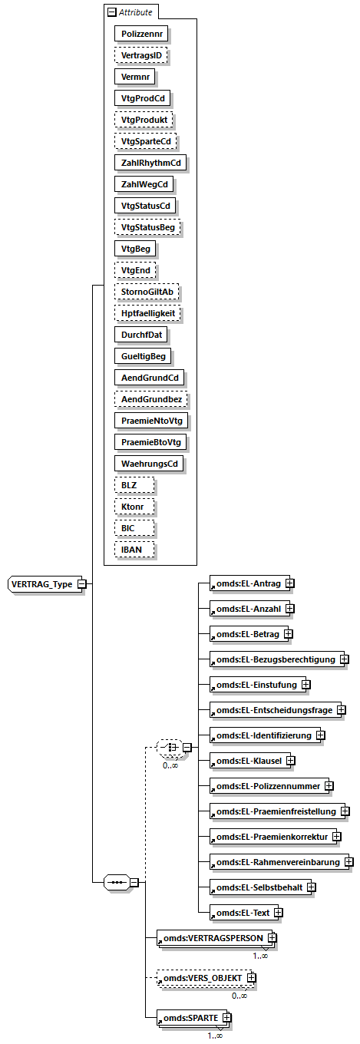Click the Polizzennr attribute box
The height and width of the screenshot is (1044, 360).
(142, 33)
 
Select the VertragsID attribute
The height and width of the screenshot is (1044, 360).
(142, 55)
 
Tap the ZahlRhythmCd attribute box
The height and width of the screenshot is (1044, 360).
(150, 163)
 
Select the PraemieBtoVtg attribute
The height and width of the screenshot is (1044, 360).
(151, 442)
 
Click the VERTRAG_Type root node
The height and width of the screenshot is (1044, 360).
(42, 584)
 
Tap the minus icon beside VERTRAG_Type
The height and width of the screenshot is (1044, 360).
(81, 584)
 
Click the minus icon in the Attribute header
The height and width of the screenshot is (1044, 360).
(111, 12)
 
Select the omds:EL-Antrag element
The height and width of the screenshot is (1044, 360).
(246, 584)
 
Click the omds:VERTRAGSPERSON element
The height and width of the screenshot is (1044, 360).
(210, 937)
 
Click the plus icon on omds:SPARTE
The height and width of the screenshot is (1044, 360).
(226, 1018)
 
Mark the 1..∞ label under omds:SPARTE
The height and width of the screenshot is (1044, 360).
(215, 1036)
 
